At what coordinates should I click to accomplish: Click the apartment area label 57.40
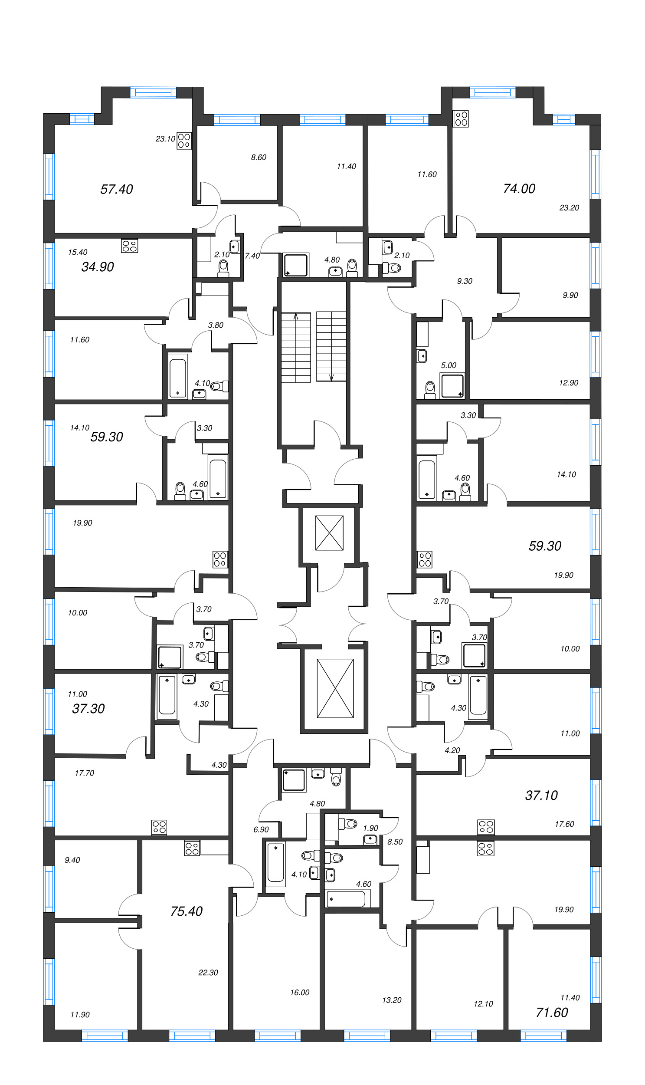tap(117, 189)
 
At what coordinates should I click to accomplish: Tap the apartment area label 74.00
tap(519, 188)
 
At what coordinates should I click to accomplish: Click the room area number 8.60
tap(259, 158)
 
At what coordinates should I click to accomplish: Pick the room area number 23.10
tap(165, 139)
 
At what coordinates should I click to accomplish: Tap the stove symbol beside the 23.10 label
tap(184, 141)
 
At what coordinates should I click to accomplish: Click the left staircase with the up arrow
tap(296, 347)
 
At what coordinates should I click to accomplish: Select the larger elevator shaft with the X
tap(335, 688)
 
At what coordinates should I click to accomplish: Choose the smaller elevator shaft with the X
tap(330, 533)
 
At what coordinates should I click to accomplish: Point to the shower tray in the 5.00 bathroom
tap(452, 386)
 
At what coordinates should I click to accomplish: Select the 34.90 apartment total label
tap(97, 266)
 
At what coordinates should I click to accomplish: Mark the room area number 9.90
tap(570, 295)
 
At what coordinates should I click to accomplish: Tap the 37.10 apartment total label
tap(541, 796)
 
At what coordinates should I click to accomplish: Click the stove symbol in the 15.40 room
tap(130, 246)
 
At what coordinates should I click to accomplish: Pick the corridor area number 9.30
tap(465, 281)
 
